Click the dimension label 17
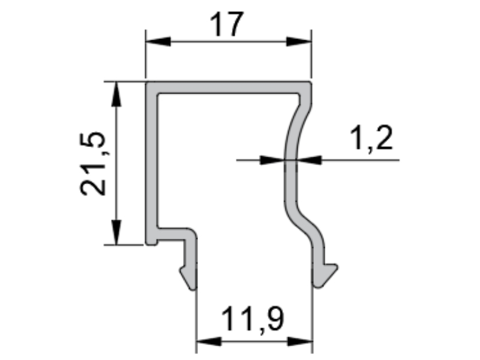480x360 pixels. pos(227,24)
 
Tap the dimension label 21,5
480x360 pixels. pos(92,164)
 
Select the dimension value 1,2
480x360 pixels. pos(371,139)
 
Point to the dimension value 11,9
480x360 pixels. pos(252,320)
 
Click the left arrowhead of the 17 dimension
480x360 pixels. pos(158,41)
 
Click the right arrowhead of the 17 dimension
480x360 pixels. pos(299,41)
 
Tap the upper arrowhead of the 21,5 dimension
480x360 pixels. pos(116,94)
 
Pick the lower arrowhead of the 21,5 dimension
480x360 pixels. pos(116,232)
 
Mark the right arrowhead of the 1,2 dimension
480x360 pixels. pos(309,160)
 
